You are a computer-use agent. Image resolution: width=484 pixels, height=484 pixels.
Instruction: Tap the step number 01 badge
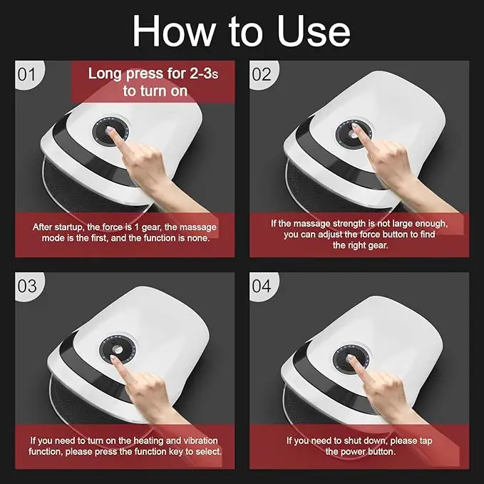26,74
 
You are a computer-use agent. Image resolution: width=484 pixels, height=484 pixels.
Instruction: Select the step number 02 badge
261,74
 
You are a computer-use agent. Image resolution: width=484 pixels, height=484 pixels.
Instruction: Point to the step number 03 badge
26,286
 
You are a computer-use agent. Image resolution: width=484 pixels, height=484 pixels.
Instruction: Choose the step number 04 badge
262,286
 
